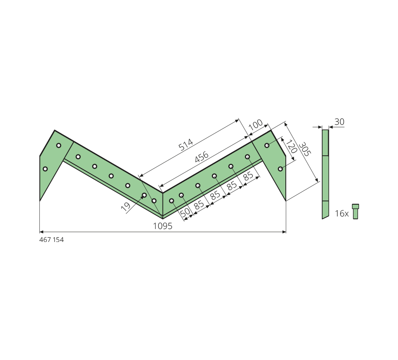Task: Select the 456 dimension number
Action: (x=202, y=157)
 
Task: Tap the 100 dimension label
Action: (x=256, y=124)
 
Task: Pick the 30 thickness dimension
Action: (x=339, y=122)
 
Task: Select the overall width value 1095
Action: (x=163, y=226)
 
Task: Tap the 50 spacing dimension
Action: (x=186, y=212)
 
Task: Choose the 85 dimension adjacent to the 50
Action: (x=199, y=205)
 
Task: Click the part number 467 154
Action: (x=52, y=240)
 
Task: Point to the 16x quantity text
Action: (x=342, y=213)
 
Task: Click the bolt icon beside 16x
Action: (x=355, y=211)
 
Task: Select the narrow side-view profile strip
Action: (x=325, y=174)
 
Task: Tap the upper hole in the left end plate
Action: (x=59, y=145)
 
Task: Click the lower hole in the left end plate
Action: (x=45, y=169)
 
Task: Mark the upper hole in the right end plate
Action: (x=267, y=145)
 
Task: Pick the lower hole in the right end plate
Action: (x=280, y=169)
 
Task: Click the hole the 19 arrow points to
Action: (x=144, y=195)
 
